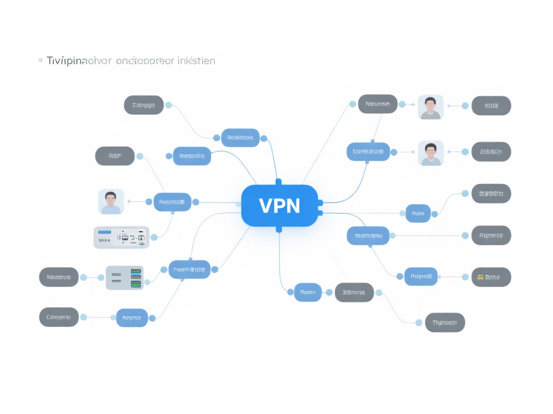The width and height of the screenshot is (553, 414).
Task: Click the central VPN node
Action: (x=279, y=205)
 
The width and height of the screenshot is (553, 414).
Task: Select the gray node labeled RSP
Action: (x=114, y=156)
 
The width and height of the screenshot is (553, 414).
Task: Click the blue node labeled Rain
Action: (x=418, y=213)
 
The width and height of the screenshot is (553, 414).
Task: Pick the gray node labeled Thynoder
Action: (x=445, y=323)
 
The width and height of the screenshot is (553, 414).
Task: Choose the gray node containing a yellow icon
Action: (x=491, y=277)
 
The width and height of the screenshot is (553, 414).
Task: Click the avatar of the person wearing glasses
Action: (x=430, y=107)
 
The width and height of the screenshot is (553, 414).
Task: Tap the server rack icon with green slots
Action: (x=125, y=278)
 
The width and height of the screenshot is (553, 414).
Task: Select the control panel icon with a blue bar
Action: (x=122, y=237)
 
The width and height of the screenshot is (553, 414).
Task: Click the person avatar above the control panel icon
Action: (x=111, y=202)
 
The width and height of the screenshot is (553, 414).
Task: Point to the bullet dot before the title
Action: (x=41, y=60)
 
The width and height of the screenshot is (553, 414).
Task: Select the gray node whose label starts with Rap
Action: (x=491, y=235)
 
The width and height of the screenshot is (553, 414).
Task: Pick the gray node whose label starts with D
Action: (x=59, y=317)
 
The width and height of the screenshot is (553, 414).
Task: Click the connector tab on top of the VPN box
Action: (x=279, y=182)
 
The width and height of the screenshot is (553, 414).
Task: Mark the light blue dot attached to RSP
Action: (x=140, y=156)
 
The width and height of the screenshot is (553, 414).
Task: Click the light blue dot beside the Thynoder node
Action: (x=419, y=323)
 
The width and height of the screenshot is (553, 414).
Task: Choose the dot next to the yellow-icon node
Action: (x=465, y=277)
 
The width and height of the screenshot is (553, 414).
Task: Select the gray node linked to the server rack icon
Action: (x=59, y=277)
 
